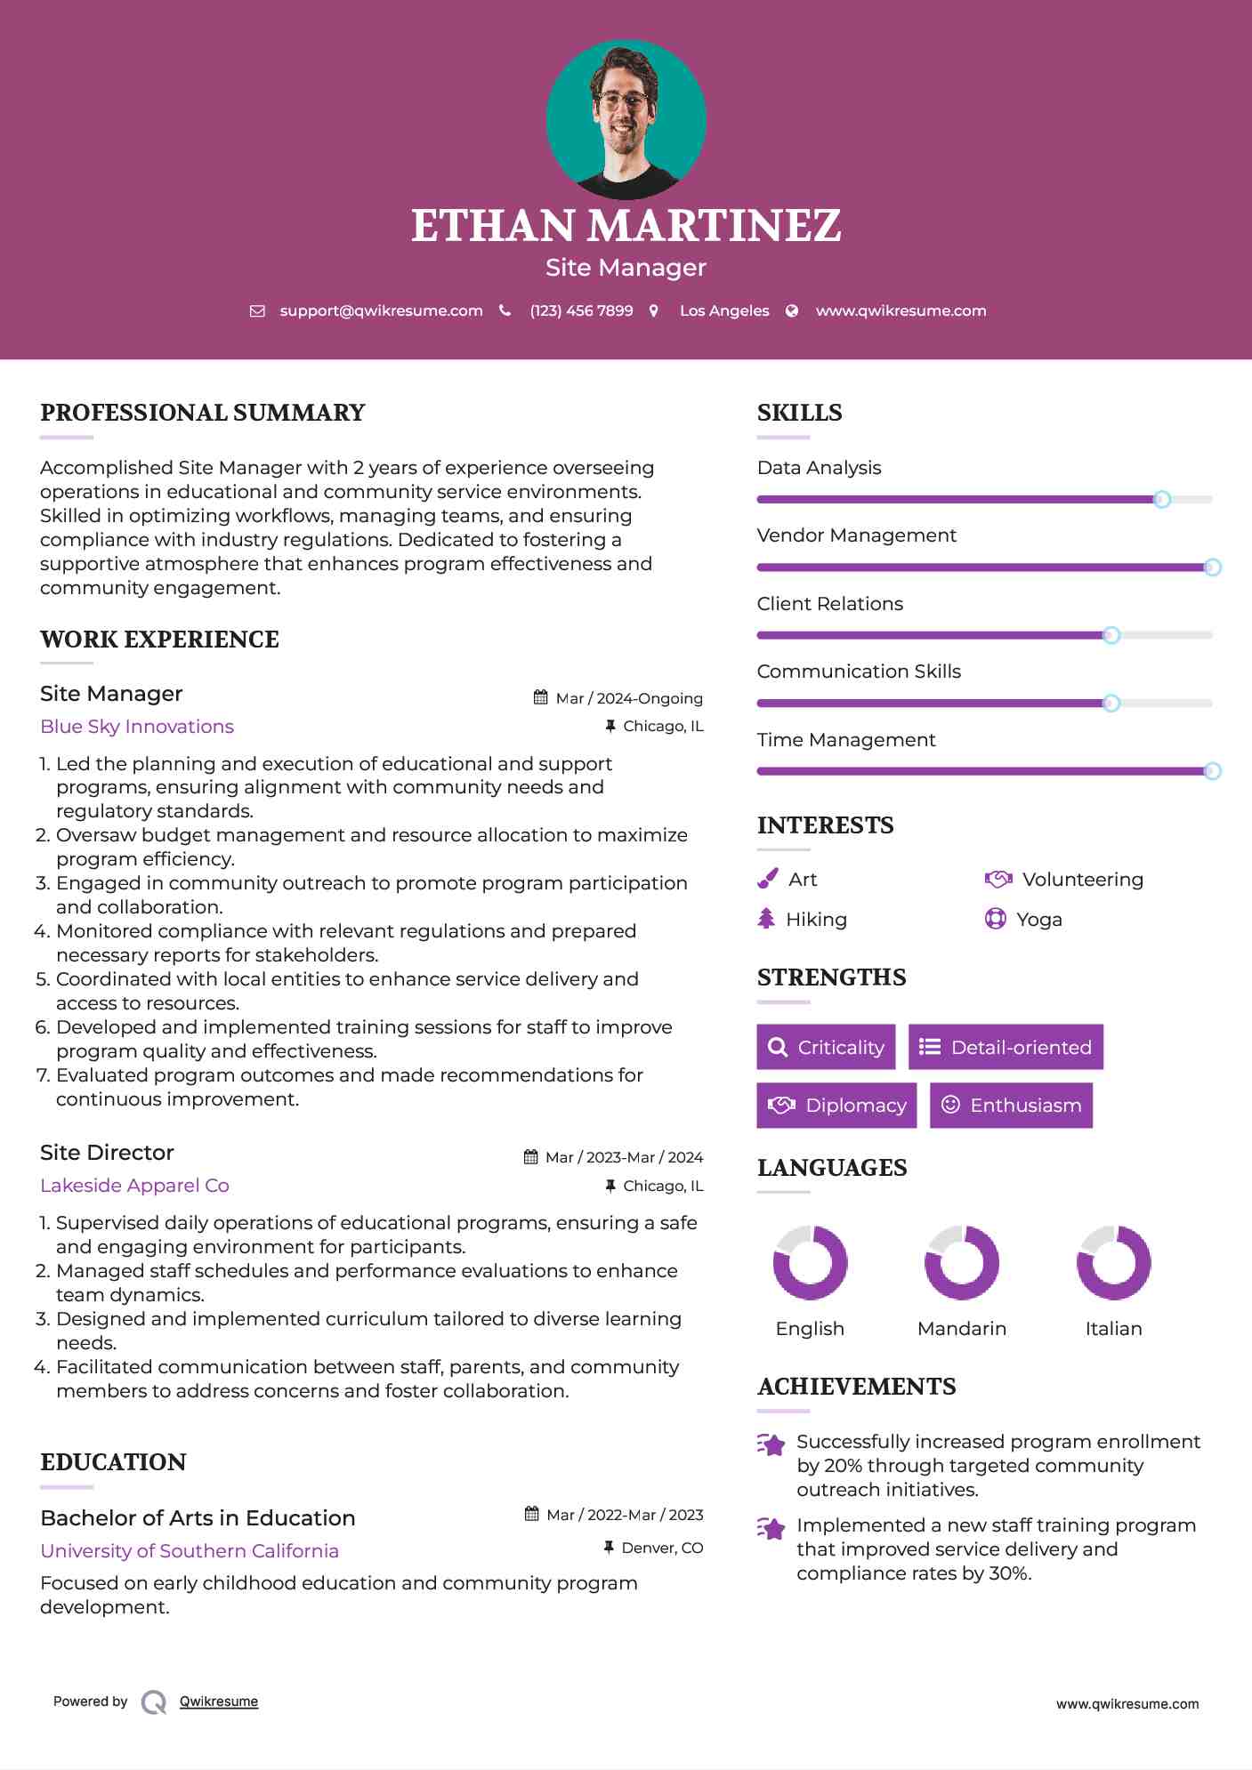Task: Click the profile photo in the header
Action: click(x=626, y=119)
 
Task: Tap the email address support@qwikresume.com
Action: click(x=381, y=310)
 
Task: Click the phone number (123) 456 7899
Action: click(x=581, y=310)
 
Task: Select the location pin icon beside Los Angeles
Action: click(x=654, y=310)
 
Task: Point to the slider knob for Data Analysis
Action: click(x=1161, y=499)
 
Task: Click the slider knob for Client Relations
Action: click(x=1111, y=635)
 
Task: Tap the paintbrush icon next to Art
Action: click(x=767, y=879)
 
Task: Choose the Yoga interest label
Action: click(x=1038, y=919)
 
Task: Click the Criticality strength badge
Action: click(x=826, y=1047)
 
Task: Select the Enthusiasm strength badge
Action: click(x=1011, y=1105)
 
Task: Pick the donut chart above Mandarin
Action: click(x=962, y=1262)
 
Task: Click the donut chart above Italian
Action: click(x=1113, y=1262)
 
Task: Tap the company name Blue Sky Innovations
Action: click(x=137, y=726)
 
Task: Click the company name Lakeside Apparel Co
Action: click(x=134, y=1185)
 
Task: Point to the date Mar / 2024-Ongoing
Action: click(x=628, y=698)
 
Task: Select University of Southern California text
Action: click(x=190, y=1550)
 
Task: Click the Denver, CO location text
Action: click(x=662, y=1548)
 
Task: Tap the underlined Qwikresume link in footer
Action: click(x=219, y=1701)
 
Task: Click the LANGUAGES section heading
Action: click(x=832, y=1167)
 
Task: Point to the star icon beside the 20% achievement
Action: click(x=771, y=1444)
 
